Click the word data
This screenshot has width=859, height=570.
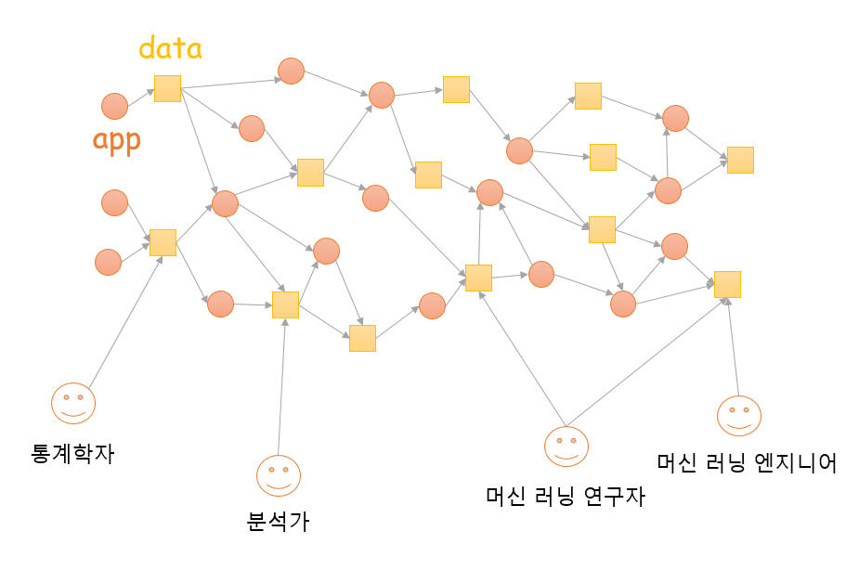pyautogui.click(x=171, y=48)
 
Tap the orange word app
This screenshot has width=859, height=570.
pyautogui.click(x=116, y=141)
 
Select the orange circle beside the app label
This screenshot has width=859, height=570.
pyautogui.click(x=114, y=107)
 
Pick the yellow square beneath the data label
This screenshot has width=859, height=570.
pyautogui.click(x=167, y=88)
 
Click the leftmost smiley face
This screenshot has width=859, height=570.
pyautogui.click(x=73, y=403)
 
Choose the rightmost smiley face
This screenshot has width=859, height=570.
pyautogui.click(x=739, y=415)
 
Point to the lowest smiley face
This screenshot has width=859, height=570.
pyautogui.click(x=279, y=475)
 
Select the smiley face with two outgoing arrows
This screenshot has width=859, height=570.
pyautogui.click(x=566, y=447)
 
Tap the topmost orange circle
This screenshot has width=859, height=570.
pyautogui.click(x=291, y=71)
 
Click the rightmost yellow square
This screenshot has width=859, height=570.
pyautogui.click(x=740, y=160)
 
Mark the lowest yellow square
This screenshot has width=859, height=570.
pyautogui.click(x=362, y=338)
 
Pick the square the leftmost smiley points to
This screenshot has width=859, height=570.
pyautogui.click(x=163, y=242)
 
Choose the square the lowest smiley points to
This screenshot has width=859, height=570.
pyautogui.click(x=285, y=304)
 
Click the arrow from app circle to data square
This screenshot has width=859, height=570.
pyautogui.click(x=141, y=97)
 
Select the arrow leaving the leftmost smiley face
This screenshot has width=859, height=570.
pyautogui.click(x=125, y=316)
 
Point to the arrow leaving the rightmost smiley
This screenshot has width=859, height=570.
pyautogui.click(x=734, y=348)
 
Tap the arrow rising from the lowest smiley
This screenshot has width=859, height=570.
pyautogui.click(x=282, y=390)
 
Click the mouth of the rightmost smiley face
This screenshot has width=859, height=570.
pyautogui.click(x=739, y=423)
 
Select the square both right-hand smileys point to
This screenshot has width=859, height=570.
pyautogui.click(x=727, y=284)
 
